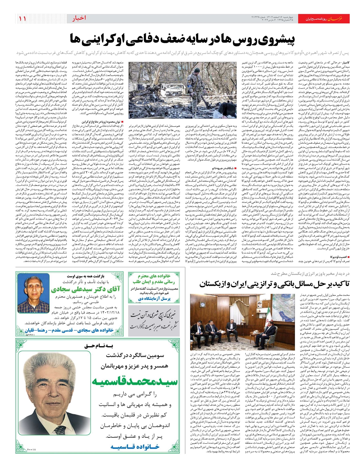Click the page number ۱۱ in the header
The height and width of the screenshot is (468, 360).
coord(22,19)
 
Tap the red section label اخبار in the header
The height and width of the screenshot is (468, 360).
coord(79,19)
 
